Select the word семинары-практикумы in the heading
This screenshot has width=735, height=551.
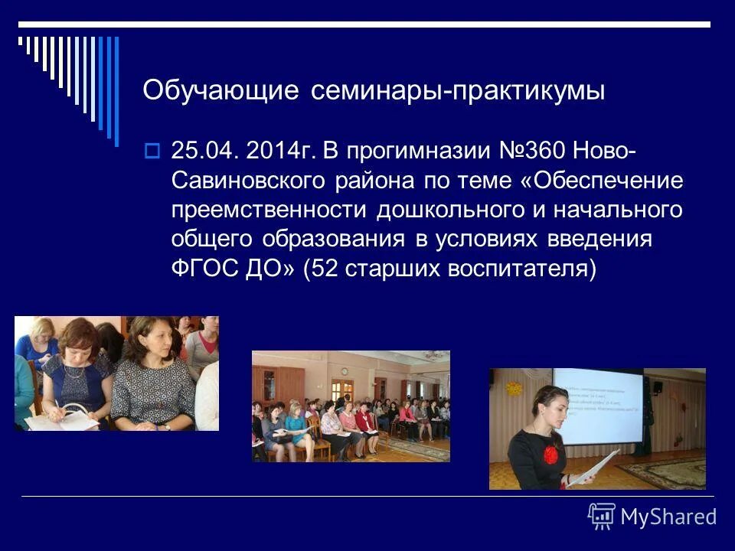(x=458, y=91)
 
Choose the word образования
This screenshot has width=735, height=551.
(x=333, y=239)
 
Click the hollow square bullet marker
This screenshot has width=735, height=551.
(x=151, y=151)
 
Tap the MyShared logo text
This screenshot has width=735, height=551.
(x=668, y=517)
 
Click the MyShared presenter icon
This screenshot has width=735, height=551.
(x=602, y=517)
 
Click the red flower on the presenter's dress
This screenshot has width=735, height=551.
(x=551, y=454)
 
